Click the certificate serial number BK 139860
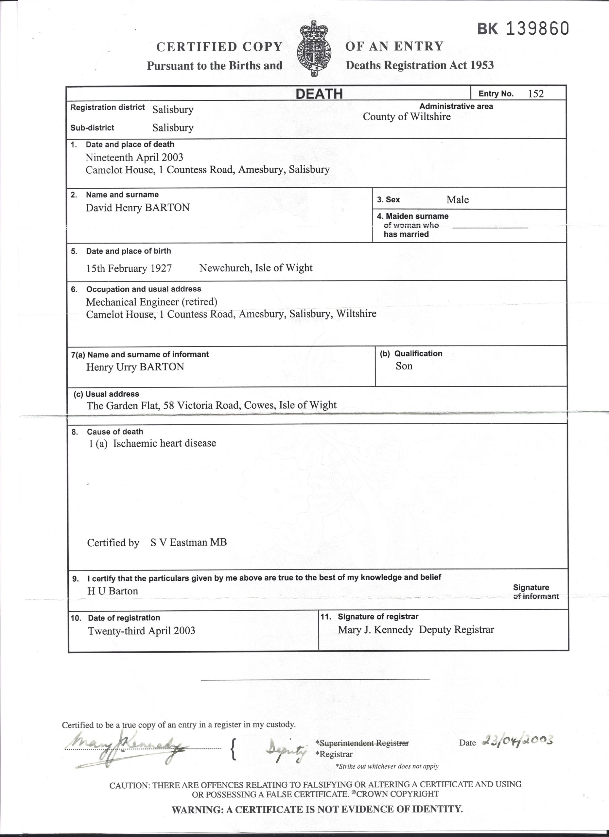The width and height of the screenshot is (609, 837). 523,29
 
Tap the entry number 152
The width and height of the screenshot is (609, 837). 535,94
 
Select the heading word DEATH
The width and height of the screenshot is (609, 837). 319,94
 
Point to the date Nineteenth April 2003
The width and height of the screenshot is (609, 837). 134,158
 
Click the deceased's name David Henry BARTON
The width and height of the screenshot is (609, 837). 138,207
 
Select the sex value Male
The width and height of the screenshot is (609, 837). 457,200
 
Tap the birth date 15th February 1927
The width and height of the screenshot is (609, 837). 129,268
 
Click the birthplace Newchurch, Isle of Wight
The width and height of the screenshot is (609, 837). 256,268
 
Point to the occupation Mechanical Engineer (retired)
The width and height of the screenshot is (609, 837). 152,302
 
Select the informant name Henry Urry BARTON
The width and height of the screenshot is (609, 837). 135,367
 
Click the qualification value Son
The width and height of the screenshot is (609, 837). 404,366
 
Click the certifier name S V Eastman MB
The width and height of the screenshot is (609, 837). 189,542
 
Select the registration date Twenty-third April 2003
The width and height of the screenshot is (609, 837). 141,631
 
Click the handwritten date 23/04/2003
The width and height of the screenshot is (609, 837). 517,740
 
